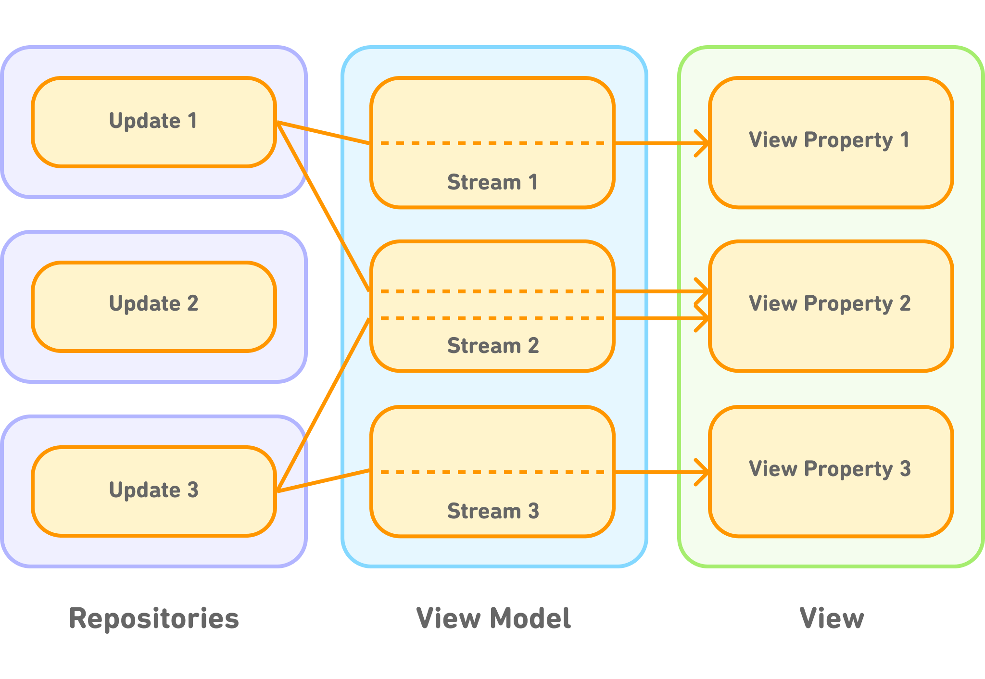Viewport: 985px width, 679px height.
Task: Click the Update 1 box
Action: tap(154, 122)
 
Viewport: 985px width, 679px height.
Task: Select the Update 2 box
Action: tap(154, 306)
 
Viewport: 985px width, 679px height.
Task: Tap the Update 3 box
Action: tap(154, 491)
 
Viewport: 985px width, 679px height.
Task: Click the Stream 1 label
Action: tap(492, 182)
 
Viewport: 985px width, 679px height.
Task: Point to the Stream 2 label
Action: tap(492, 346)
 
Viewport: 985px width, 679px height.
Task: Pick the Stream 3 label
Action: tap(492, 511)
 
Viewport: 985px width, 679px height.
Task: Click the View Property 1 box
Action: tap(831, 142)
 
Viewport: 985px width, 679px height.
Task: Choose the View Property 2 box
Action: tap(831, 306)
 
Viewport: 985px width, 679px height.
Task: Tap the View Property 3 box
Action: tap(831, 471)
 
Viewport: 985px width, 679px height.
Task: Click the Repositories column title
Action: tap(154, 618)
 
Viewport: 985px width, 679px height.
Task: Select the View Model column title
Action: tap(493, 618)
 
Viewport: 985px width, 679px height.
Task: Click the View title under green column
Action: tap(832, 618)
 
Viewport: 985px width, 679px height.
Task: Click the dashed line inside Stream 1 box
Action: tap(492, 143)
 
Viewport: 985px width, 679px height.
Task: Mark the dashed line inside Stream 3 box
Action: tap(492, 472)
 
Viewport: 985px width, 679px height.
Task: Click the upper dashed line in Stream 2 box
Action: tap(492, 291)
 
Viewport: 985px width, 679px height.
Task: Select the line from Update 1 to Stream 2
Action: tap(323, 207)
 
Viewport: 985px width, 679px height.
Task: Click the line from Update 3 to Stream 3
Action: tap(323, 481)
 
